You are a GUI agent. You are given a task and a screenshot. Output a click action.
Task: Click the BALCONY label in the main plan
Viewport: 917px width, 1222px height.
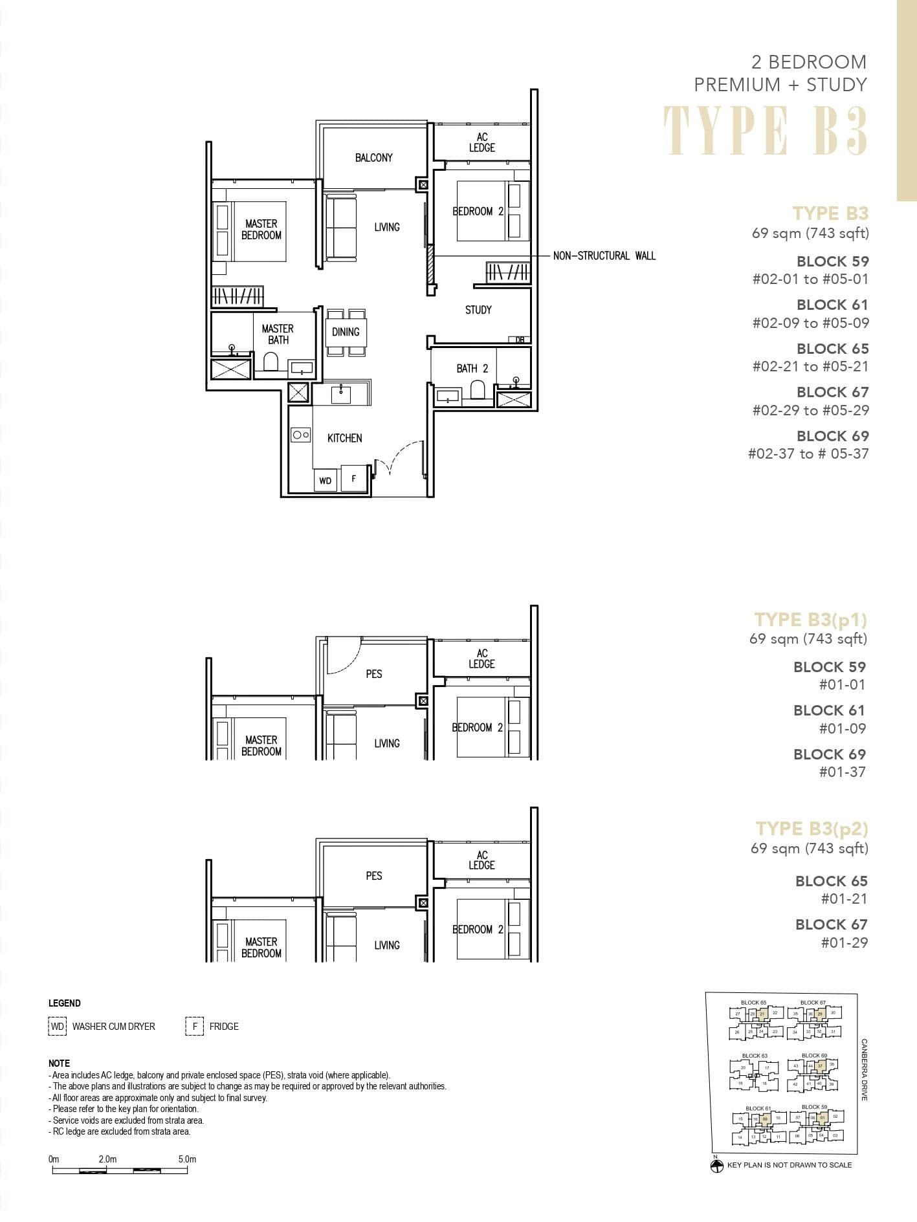pyautogui.click(x=373, y=158)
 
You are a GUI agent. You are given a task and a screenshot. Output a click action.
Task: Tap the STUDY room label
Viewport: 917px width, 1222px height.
pyautogui.click(x=478, y=310)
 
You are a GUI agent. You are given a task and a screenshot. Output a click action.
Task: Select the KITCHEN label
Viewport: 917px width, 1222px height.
pyautogui.click(x=344, y=438)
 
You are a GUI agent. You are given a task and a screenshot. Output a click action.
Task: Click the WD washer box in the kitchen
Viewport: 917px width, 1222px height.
pyautogui.click(x=326, y=480)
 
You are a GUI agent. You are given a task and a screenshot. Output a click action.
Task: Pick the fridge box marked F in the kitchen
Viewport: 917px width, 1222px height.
pyautogui.click(x=353, y=479)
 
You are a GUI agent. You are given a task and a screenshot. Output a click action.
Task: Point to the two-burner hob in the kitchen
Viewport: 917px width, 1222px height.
pyautogui.click(x=301, y=435)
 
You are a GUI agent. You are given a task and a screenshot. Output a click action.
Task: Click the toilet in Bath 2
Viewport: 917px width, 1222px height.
pyautogui.click(x=478, y=390)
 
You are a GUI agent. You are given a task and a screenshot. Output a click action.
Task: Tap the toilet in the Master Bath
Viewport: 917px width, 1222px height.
pyautogui.click(x=271, y=361)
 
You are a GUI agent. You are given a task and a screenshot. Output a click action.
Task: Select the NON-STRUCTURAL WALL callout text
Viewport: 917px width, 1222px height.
pyautogui.click(x=604, y=256)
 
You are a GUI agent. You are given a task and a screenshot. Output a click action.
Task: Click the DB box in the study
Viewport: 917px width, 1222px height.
pyautogui.click(x=520, y=340)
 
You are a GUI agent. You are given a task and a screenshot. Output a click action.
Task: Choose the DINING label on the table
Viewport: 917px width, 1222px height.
pyautogui.click(x=346, y=332)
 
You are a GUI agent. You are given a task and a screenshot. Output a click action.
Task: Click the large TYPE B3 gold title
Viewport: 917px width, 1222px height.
pyautogui.click(x=766, y=131)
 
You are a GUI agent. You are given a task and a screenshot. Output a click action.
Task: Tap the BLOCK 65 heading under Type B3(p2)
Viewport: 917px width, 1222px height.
pyautogui.click(x=831, y=881)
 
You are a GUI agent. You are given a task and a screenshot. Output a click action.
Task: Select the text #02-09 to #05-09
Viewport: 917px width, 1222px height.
pyautogui.click(x=810, y=323)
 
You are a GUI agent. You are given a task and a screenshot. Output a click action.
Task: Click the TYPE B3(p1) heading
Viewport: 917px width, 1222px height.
pyautogui.click(x=810, y=620)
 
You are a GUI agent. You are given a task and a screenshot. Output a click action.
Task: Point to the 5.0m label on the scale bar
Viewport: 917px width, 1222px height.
pyautogui.click(x=187, y=1159)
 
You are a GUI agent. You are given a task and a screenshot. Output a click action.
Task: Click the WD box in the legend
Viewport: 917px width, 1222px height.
pyautogui.click(x=58, y=1027)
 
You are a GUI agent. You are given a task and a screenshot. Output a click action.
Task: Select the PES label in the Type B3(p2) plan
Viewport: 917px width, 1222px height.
pyautogui.click(x=374, y=876)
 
